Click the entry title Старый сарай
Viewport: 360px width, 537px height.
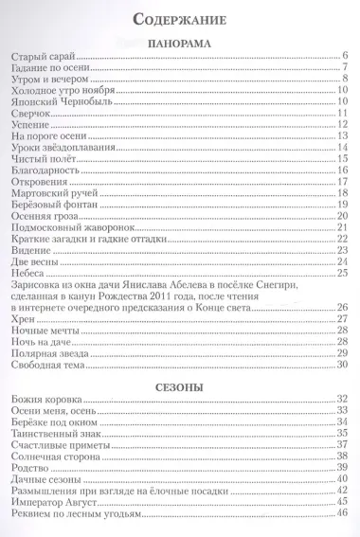pos(39,58)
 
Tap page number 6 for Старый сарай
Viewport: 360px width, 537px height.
pos(348,58)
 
